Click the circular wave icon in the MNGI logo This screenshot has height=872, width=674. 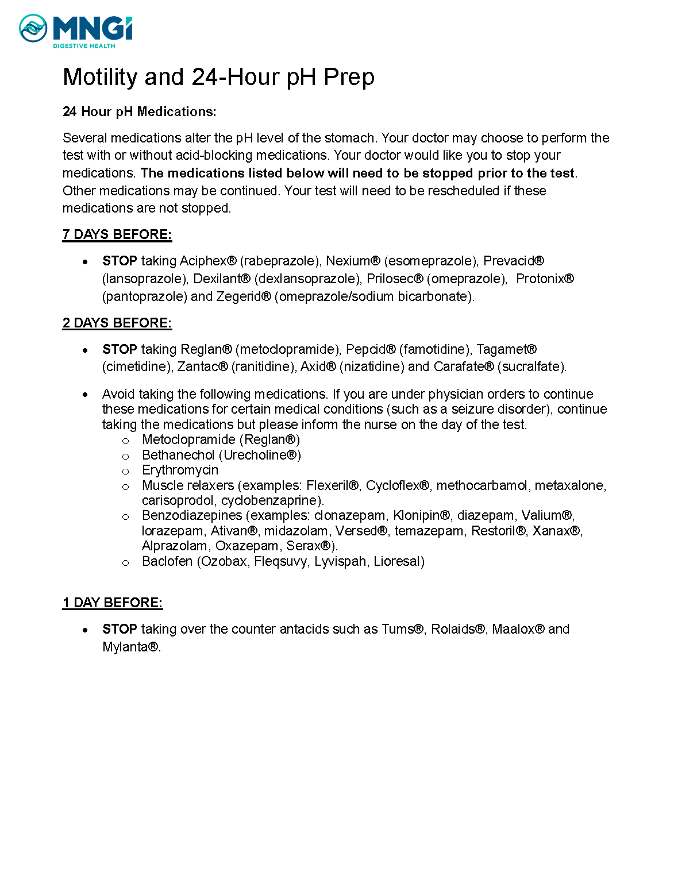tap(33, 28)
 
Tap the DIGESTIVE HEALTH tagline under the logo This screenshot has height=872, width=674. tap(84, 46)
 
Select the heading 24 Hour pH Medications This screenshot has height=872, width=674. tap(139, 111)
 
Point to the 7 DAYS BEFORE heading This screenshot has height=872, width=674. tap(117, 234)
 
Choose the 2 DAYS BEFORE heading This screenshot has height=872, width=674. tap(117, 323)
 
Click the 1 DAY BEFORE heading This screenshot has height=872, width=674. tap(113, 603)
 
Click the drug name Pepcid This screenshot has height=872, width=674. tap(366, 349)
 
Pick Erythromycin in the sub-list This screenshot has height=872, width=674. tap(180, 470)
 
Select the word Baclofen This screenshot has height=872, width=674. tap(167, 561)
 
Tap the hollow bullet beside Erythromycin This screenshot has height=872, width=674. tap(126, 471)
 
